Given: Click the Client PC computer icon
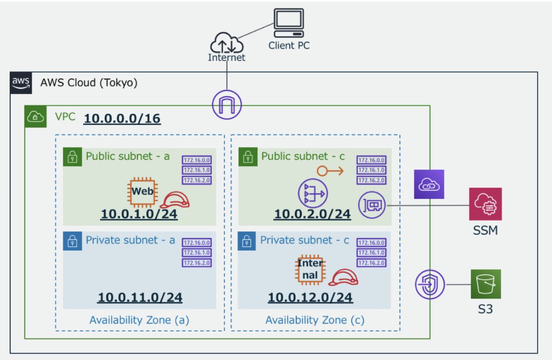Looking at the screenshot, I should (289, 23).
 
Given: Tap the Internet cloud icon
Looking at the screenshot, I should (227, 44).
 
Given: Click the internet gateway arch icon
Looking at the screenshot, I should (227, 103).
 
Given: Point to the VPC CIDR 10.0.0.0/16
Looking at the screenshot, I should (122, 119).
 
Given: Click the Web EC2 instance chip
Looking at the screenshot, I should (142, 191).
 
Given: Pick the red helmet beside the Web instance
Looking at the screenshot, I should (175, 199).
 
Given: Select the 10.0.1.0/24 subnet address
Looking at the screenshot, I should (139, 214).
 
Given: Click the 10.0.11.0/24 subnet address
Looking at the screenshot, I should (139, 298).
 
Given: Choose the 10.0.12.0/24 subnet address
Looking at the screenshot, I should (310, 298).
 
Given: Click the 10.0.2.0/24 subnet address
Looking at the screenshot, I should (312, 214).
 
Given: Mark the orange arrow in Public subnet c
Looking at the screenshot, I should (330, 171).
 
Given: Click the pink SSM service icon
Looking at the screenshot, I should (485, 204).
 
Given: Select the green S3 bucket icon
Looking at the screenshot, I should (486, 284).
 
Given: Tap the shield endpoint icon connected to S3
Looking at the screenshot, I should (430, 284).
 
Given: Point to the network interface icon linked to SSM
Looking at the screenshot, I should (372, 204).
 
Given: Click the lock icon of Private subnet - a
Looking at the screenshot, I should (72, 241).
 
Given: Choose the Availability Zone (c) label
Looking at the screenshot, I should (315, 320).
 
